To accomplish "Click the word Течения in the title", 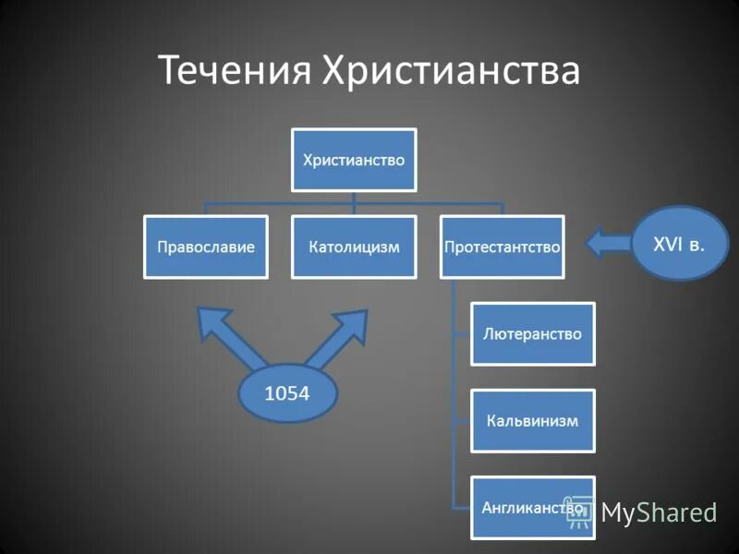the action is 235,71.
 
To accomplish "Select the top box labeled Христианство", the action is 354,160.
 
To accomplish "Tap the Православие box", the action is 205,247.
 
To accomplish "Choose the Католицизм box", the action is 353,247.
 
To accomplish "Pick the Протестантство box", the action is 502,247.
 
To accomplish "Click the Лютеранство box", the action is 532,333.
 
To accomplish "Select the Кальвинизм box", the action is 532,420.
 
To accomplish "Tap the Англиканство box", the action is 532,507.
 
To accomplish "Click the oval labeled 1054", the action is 287,395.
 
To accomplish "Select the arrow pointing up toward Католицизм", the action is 340,336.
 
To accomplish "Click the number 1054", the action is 287,394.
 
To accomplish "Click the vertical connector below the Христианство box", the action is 354,198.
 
